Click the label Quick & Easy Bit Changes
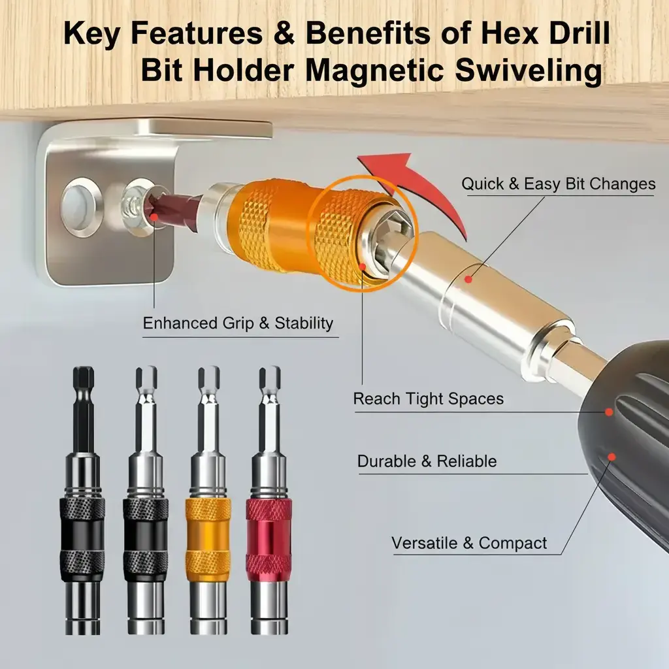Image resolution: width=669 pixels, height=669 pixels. coord(558,184)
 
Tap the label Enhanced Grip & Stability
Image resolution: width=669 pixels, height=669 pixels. coord(238,323)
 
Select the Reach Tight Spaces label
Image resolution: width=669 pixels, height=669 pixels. coord(429,399)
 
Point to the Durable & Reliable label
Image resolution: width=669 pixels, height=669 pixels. coord(427,461)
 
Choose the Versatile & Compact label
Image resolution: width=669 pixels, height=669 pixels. coord(469,543)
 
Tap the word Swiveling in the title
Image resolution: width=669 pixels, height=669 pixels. coord(532,70)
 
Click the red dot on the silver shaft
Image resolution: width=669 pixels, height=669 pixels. coord(468,279)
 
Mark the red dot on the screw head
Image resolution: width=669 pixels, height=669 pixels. coord(154,212)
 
